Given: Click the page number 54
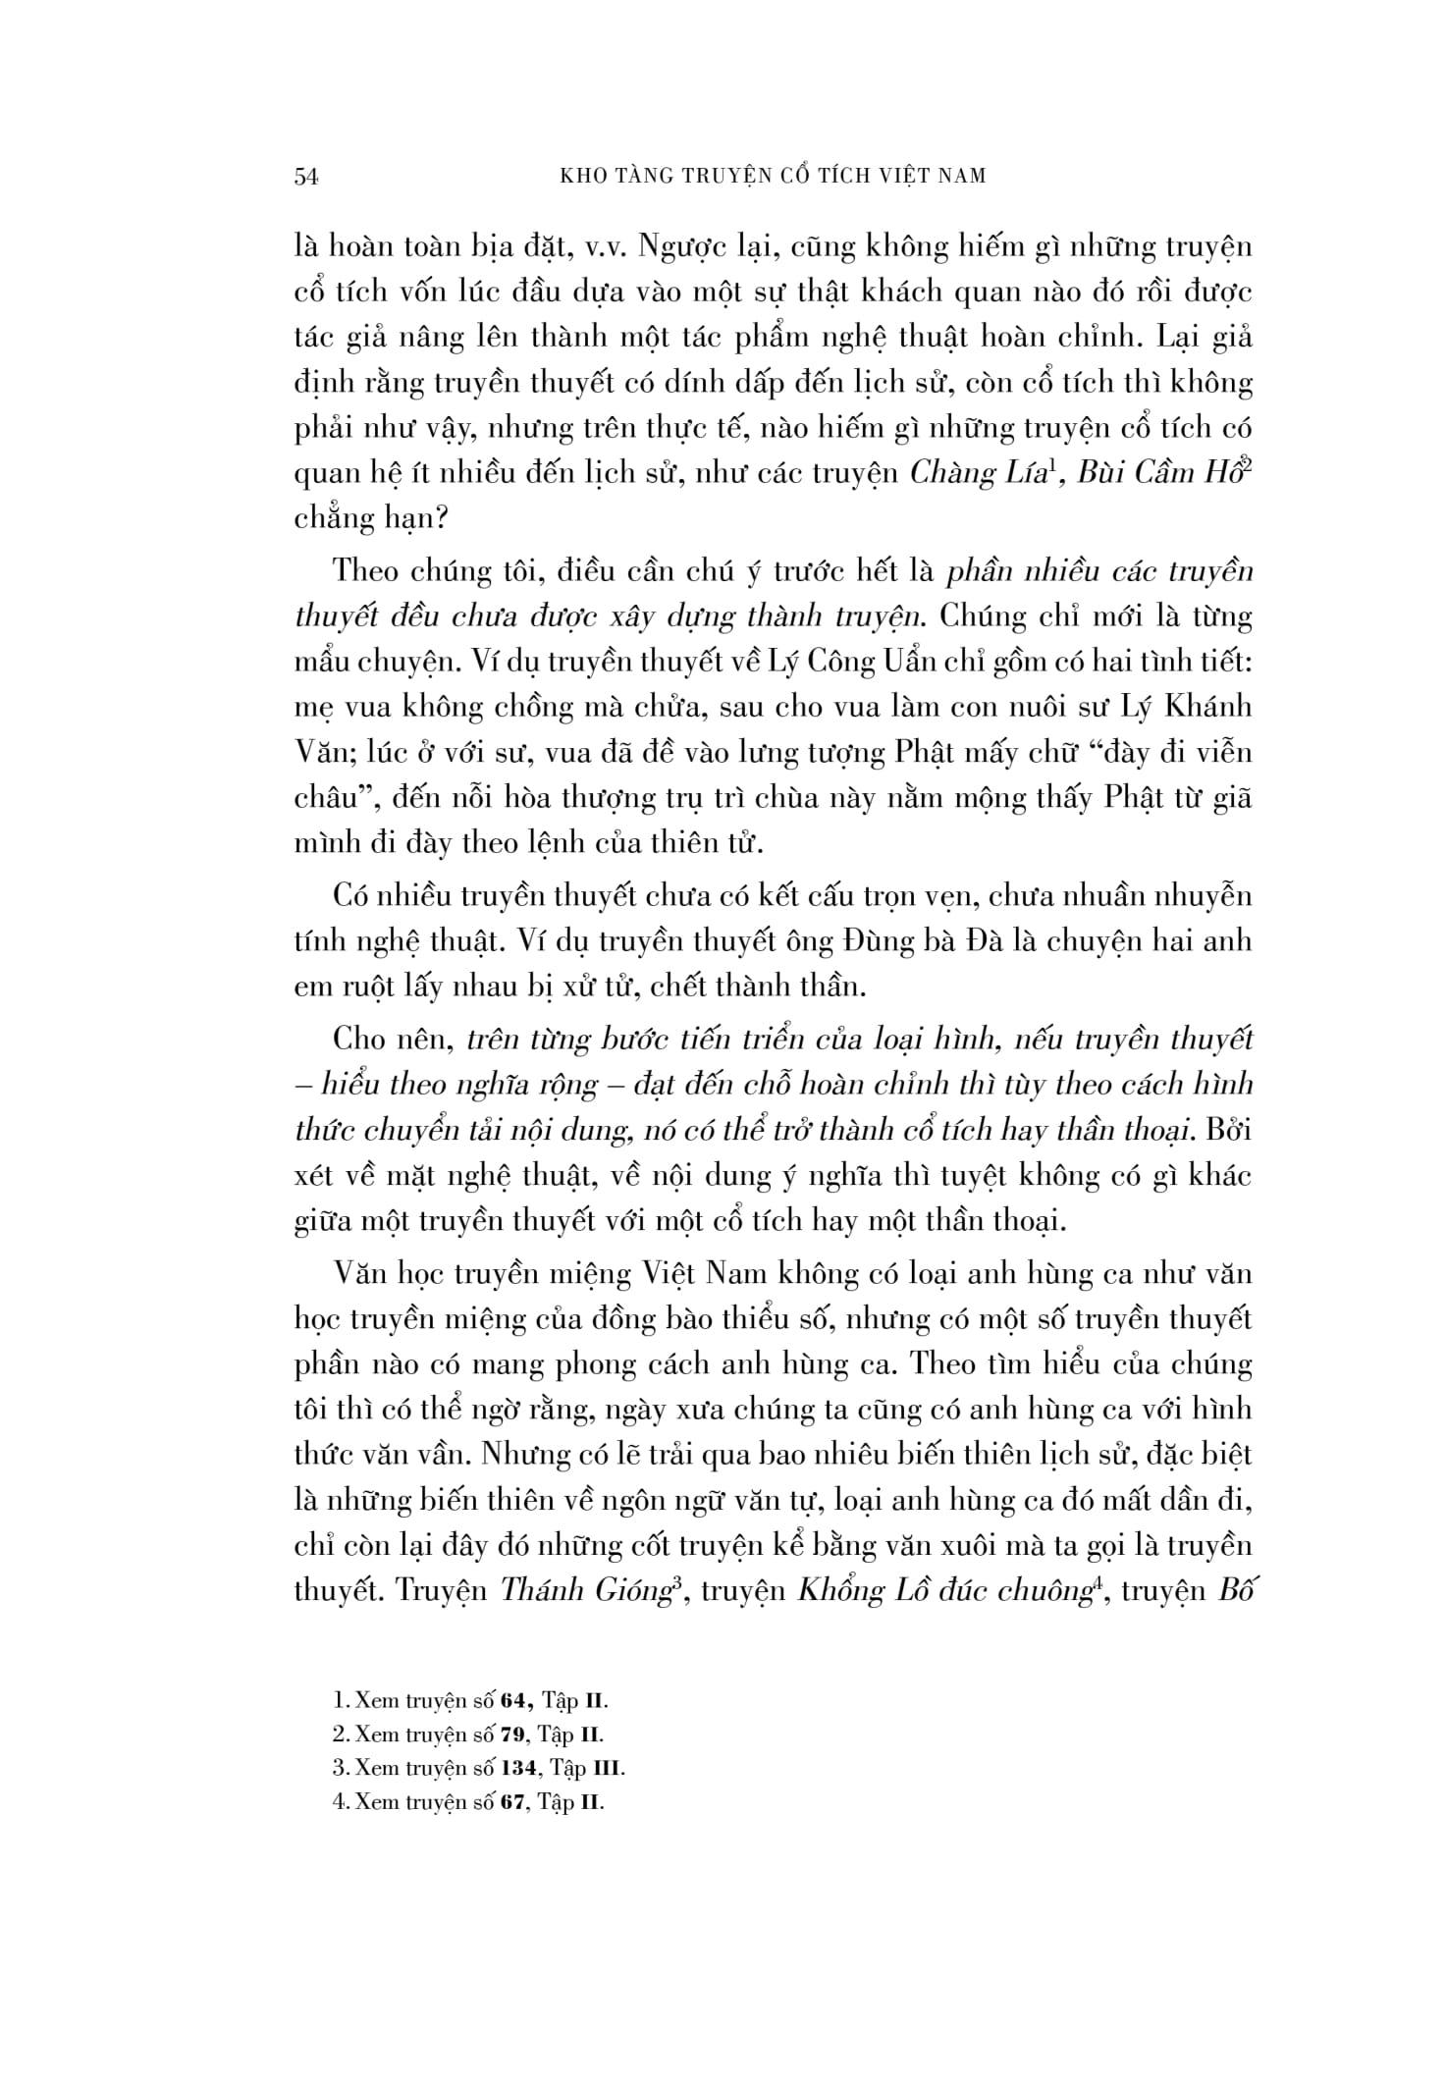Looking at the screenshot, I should pyautogui.click(x=307, y=177).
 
